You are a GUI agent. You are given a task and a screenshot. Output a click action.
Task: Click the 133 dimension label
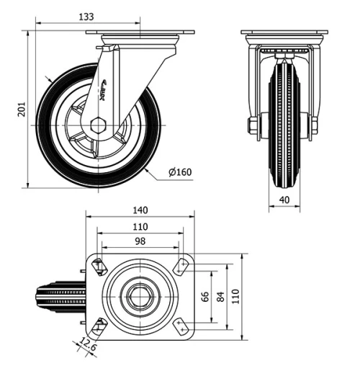pyautogui.click(x=86, y=16)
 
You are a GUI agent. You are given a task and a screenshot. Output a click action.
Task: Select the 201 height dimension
pyautogui.click(x=20, y=109)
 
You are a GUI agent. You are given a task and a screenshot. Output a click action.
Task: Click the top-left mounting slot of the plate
pyautogui.click(x=99, y=267)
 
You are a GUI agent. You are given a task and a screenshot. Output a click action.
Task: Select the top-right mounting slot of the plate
pyautogui.click(x=181, y=267)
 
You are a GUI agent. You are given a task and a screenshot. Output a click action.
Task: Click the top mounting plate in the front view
pyautogui.click(x=284, y=33)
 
